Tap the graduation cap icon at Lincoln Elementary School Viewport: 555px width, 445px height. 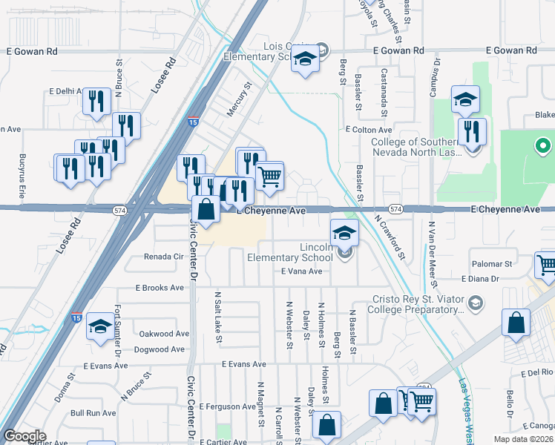click(344, 234)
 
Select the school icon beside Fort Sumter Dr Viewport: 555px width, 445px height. click(99, 326)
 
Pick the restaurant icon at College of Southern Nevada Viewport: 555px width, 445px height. click(472, 132)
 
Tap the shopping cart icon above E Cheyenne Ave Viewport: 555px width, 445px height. click(269, 177)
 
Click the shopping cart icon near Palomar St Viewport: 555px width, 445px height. click(546, 265)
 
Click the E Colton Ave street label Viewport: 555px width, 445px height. click(368, 128)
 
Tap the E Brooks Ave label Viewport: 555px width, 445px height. click(159, 288)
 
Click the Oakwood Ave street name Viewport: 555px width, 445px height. click(161, 334)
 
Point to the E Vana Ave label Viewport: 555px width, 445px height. click(301, 271)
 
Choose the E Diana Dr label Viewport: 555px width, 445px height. click(483, 279)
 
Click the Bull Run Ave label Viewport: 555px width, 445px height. click(93, 413)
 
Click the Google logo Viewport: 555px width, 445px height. click(24, 436)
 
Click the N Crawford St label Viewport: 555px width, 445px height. click(390, 237)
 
